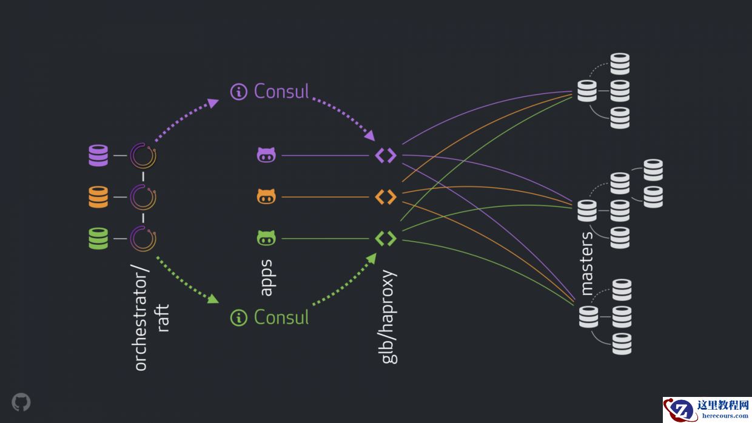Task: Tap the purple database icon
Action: pyautogui.click(x=98, y=156)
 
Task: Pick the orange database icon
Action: pyautogui.click(x=98, y=197)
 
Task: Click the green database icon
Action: pyautogui.click(x=98, y=238)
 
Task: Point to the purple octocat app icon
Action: pyautogui.click(x=266, y=156)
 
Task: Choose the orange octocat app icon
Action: pyautogui.click(x=266, y=197)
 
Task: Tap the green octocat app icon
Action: pyautogui.click(x=266, y=238)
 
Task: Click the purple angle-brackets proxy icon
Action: pyautogui.click(x=386, y=156)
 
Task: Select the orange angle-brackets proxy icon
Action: pyautogui.click(x=386, y=197)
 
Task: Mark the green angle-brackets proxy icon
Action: pyautogui.click(x=386, y=238)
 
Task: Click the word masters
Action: pyautogui.click(x=587, y=263)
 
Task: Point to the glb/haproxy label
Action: pyautogui.click(x=389, y=316)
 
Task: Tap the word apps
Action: pyautogui.click(x=266, y=278)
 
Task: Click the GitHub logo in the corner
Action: pyautogui.click(x=21, y=402)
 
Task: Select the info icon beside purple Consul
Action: pyautogui.click(x=239, y=92)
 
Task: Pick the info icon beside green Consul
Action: pyautogui.click(x=239, y=318)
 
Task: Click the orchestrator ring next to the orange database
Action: pyautogui.click(x=144, y=197)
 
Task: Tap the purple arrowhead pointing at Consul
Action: pyautogui.click(x=212, y=102)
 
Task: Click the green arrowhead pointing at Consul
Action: pyautogui.click(x=212, y=299)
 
